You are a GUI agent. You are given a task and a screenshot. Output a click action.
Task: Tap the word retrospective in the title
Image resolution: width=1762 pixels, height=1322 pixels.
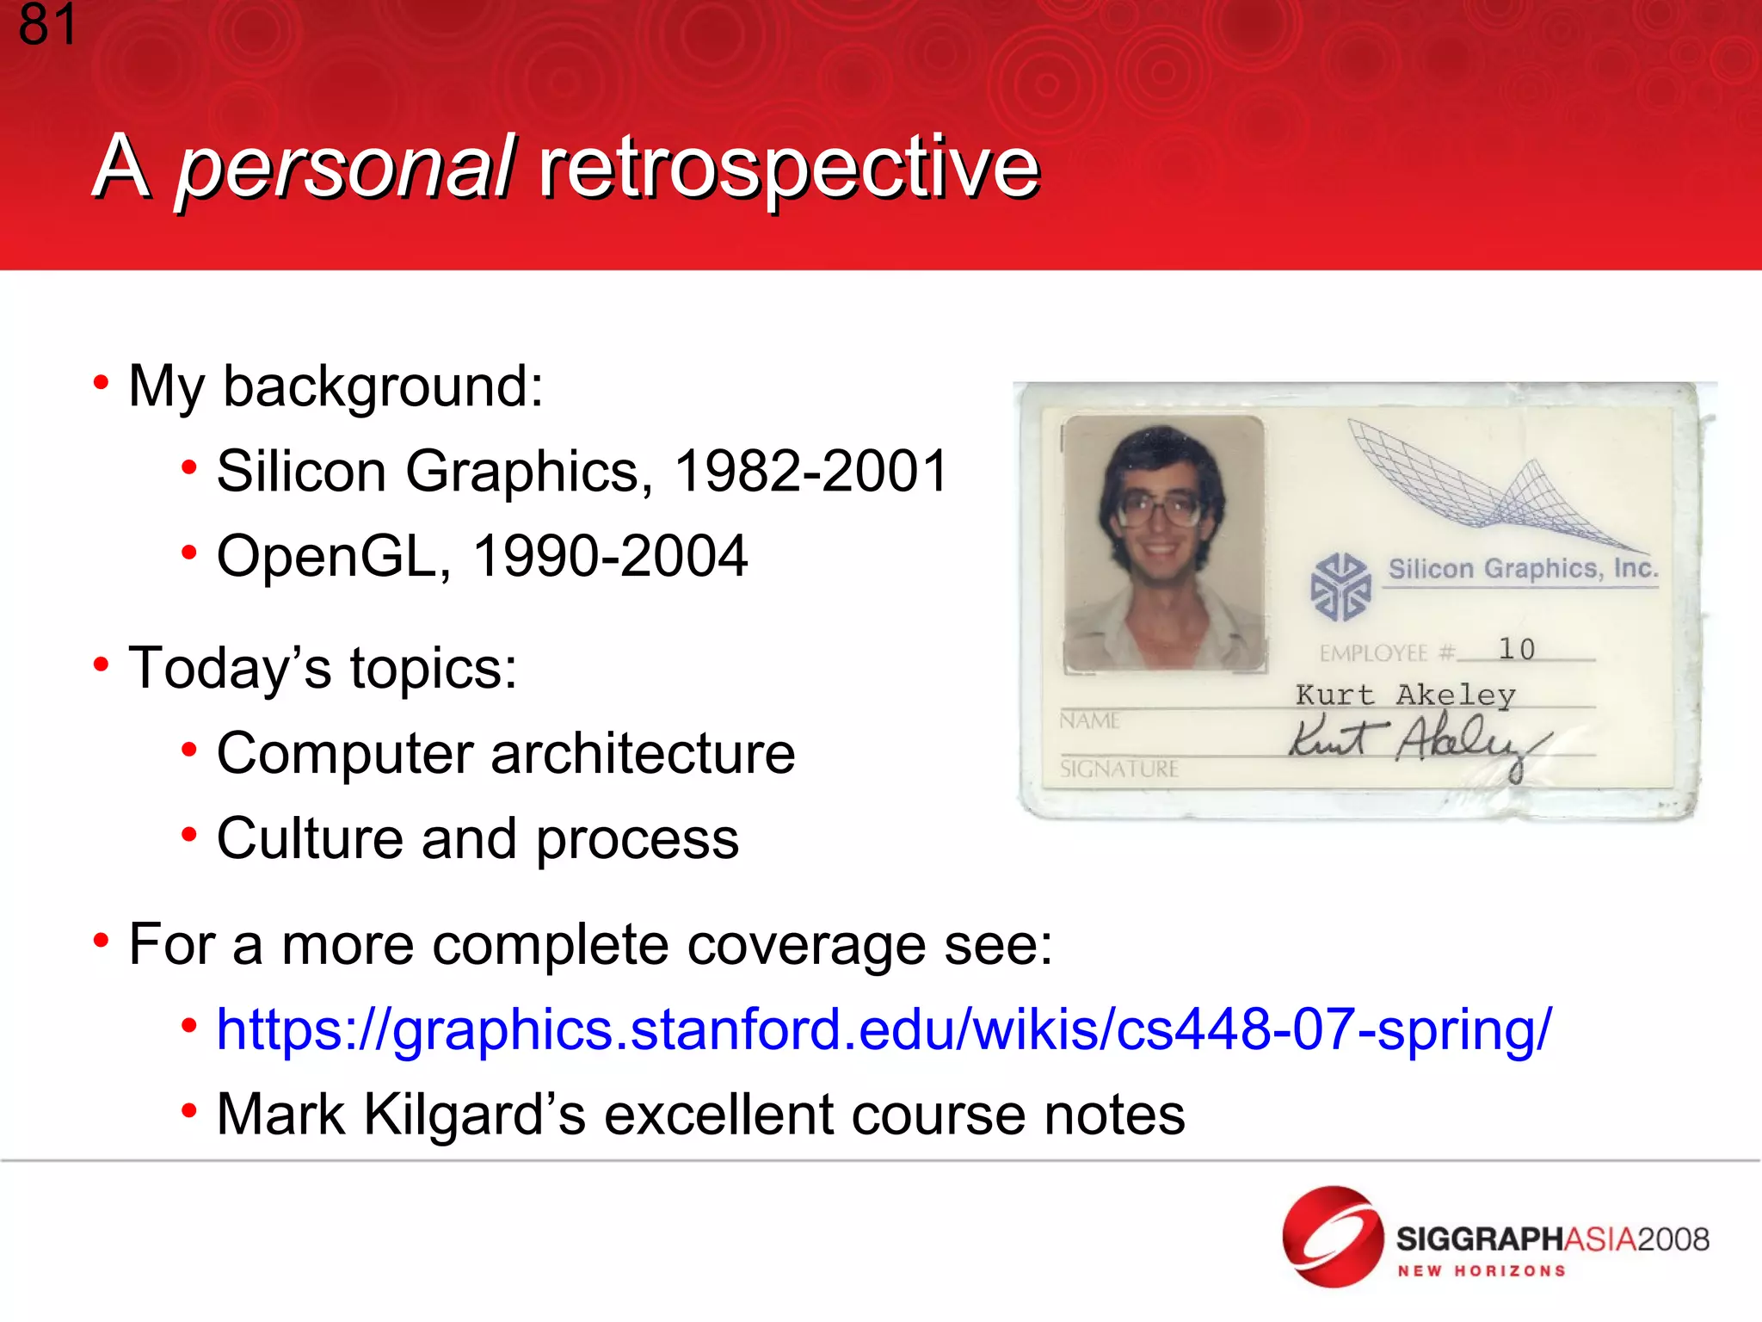coord(789,167)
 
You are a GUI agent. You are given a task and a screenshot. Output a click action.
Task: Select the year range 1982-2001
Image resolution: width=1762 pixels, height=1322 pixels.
coord(810,472)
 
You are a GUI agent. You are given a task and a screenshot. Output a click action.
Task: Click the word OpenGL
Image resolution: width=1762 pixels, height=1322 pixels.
coord(327,556)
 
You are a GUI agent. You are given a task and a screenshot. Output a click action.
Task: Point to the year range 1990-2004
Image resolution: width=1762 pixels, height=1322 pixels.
coord(610,556)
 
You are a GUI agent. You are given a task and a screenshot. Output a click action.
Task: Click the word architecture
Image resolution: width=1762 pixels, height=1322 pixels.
coord(643,753)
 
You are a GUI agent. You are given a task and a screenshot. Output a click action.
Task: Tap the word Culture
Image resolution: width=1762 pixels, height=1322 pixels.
coord(310,838)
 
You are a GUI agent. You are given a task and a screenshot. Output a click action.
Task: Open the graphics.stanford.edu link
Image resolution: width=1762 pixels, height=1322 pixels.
coord(884,1029)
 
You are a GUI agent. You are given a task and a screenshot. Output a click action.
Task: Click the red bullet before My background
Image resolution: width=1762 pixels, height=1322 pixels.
coord(101,382)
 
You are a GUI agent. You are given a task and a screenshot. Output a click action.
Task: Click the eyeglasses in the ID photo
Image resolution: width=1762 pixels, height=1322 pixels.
coord(1162,510)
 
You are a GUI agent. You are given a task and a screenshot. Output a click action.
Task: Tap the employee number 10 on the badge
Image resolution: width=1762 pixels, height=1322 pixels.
coord(1516,649)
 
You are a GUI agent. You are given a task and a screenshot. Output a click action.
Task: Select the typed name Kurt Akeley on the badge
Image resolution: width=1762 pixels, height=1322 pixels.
coord(1405,695)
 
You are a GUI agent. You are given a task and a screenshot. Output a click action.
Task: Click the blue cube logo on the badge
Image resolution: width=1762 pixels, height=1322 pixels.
coord(1340,588)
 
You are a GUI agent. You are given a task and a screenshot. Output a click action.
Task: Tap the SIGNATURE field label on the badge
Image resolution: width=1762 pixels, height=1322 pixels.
coord(1118,769)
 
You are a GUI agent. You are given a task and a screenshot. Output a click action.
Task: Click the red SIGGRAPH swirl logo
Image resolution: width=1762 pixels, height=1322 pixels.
coord(1332,1236)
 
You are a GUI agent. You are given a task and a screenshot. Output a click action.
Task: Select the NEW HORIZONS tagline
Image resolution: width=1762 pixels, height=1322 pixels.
coord(1481,1271)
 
